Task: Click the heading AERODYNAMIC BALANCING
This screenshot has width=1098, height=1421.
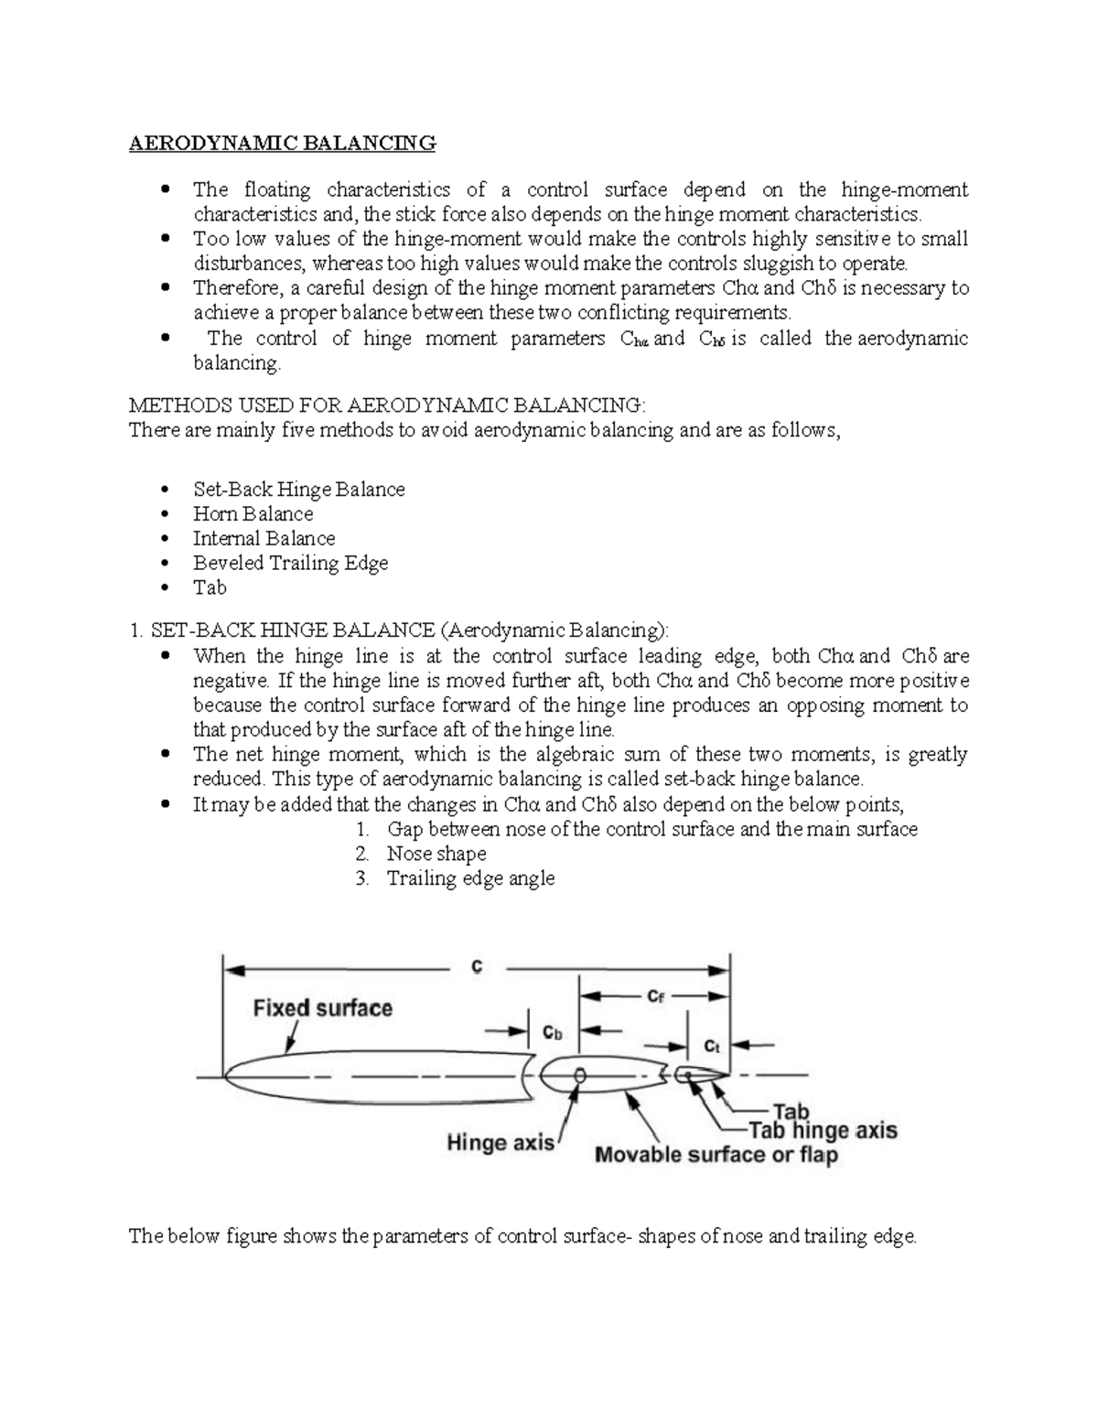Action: tap(282, 143)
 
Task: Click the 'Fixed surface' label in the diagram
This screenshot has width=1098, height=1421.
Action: tap(322, 1008)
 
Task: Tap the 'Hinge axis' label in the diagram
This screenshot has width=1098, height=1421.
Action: tap(500, 1142)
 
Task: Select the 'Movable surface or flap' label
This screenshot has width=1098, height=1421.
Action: tap(716, 1155)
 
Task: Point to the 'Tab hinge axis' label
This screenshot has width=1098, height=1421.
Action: tap(823, 1131)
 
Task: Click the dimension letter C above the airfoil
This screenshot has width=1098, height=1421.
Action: tap(477, 967)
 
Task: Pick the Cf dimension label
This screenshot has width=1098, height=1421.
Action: tap(655, 996)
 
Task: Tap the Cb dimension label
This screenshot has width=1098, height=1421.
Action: tap(553, 1031)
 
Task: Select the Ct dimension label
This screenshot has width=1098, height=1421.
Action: tap(711, 1044)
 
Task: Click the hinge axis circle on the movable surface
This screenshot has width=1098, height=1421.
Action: tap(578, 1076)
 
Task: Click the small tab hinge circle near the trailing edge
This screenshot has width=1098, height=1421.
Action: tap(682, 1075)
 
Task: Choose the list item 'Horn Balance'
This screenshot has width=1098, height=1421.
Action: tap(253, 513)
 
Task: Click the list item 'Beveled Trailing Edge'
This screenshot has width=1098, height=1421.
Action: tap(290, 563)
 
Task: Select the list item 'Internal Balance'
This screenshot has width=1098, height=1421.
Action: tap(264, 538)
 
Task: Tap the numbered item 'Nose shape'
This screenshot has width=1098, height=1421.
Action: tap(436, 854)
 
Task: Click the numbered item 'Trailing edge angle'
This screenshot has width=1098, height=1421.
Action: tap(470, 878)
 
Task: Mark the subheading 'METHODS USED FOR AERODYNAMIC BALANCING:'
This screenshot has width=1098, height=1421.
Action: tap(386, 405)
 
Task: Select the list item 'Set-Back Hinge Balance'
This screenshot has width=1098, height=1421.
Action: tap(298, 489)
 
